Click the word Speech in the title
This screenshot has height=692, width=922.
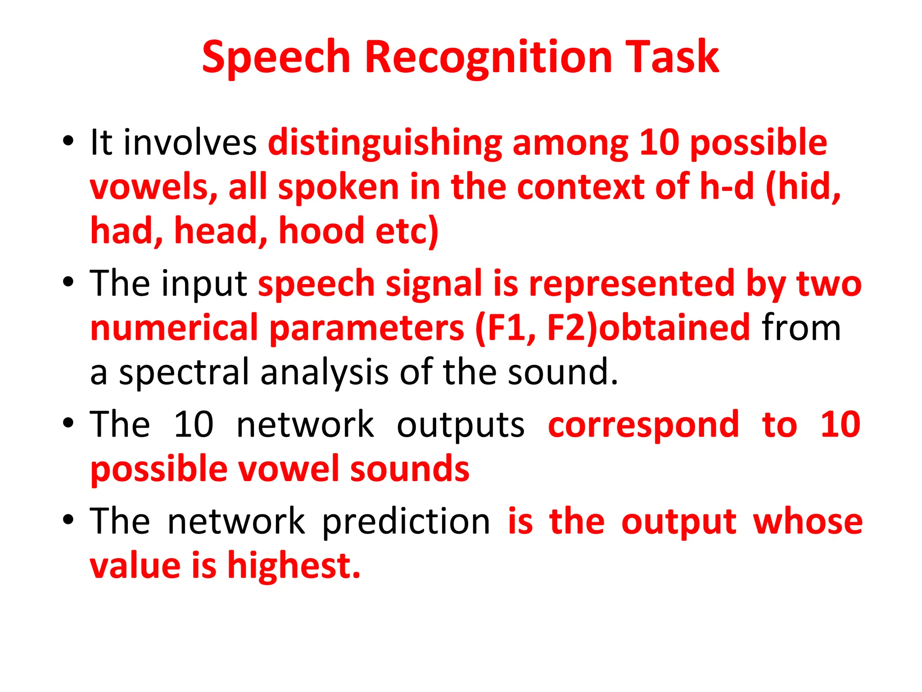pos(276,58)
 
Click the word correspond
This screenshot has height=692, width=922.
pos(643,425)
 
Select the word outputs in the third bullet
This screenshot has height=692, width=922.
pos(461,425)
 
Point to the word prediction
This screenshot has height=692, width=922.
pos(406,522)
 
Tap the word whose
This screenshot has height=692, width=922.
pos(808,522)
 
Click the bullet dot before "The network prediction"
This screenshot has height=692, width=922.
pos(68,520)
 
